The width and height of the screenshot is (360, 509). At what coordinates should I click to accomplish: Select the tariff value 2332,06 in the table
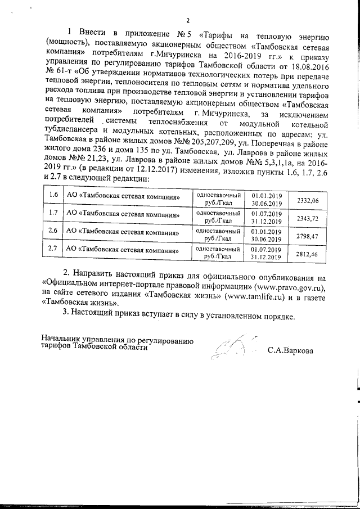click(x=307, y=200)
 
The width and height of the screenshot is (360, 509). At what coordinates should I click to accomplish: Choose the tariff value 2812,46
click(x=307, y=254)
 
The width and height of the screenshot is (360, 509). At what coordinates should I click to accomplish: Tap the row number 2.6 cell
click(x=53, y=231)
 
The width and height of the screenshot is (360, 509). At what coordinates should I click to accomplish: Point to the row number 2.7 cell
click(x=53, y=248)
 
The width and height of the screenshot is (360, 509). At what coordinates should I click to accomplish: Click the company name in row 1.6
click(x=123, y=197)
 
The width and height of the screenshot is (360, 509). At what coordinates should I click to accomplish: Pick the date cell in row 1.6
click(x=266, y=199)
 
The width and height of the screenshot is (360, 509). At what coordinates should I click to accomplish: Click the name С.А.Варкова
click(x=291, y=350)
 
